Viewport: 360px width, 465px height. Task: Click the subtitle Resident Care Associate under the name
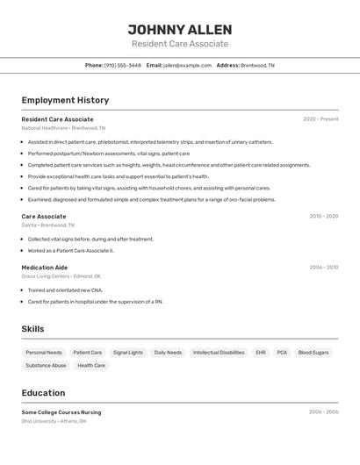click(x=179, y=44)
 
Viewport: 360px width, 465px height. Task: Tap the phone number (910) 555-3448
click(x=122, y=65)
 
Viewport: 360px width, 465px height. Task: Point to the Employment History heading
click(x=65, y=100)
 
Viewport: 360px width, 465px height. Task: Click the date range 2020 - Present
click(x=320, y=119)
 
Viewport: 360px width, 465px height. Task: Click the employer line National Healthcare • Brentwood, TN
click(x=60, y=128)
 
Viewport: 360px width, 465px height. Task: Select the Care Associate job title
click(x=44, y=216)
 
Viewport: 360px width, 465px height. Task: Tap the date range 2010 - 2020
click(x=323, y=216)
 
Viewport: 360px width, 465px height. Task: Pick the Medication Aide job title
click(x=45, y=268)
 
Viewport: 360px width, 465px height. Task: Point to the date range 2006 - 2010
click(x=323, y=268)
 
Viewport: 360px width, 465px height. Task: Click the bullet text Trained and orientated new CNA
click(x=65, y=290)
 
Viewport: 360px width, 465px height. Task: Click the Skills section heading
click(x=32, y=329)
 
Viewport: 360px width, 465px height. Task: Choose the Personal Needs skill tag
click(x=44, y=353)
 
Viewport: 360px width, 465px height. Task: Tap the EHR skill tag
click(x=261, y=353)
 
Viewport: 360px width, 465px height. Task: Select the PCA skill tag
click(x=282, y=353)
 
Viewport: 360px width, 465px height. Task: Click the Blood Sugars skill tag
click(x=313, y=353)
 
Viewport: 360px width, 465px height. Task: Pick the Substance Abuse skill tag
click(x=46, y=366)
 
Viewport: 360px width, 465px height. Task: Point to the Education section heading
click(x=43, y=393)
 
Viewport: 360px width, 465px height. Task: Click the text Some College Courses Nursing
click(x=61, y=412)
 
